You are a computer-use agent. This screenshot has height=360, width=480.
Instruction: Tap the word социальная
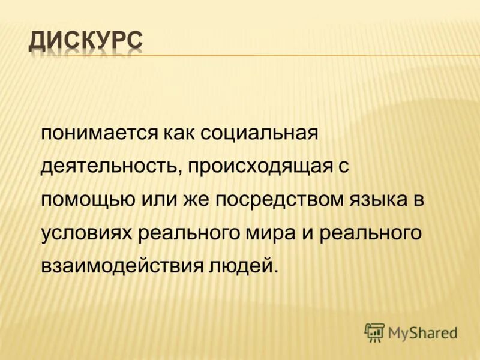[x=258, y=133]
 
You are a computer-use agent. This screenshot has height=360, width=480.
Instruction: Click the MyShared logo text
[x=422, y=331]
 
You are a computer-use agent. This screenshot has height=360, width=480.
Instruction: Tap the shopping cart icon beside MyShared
[x=374, y=331]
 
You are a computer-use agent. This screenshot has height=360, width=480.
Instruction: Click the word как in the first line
[x=179, y=133]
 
